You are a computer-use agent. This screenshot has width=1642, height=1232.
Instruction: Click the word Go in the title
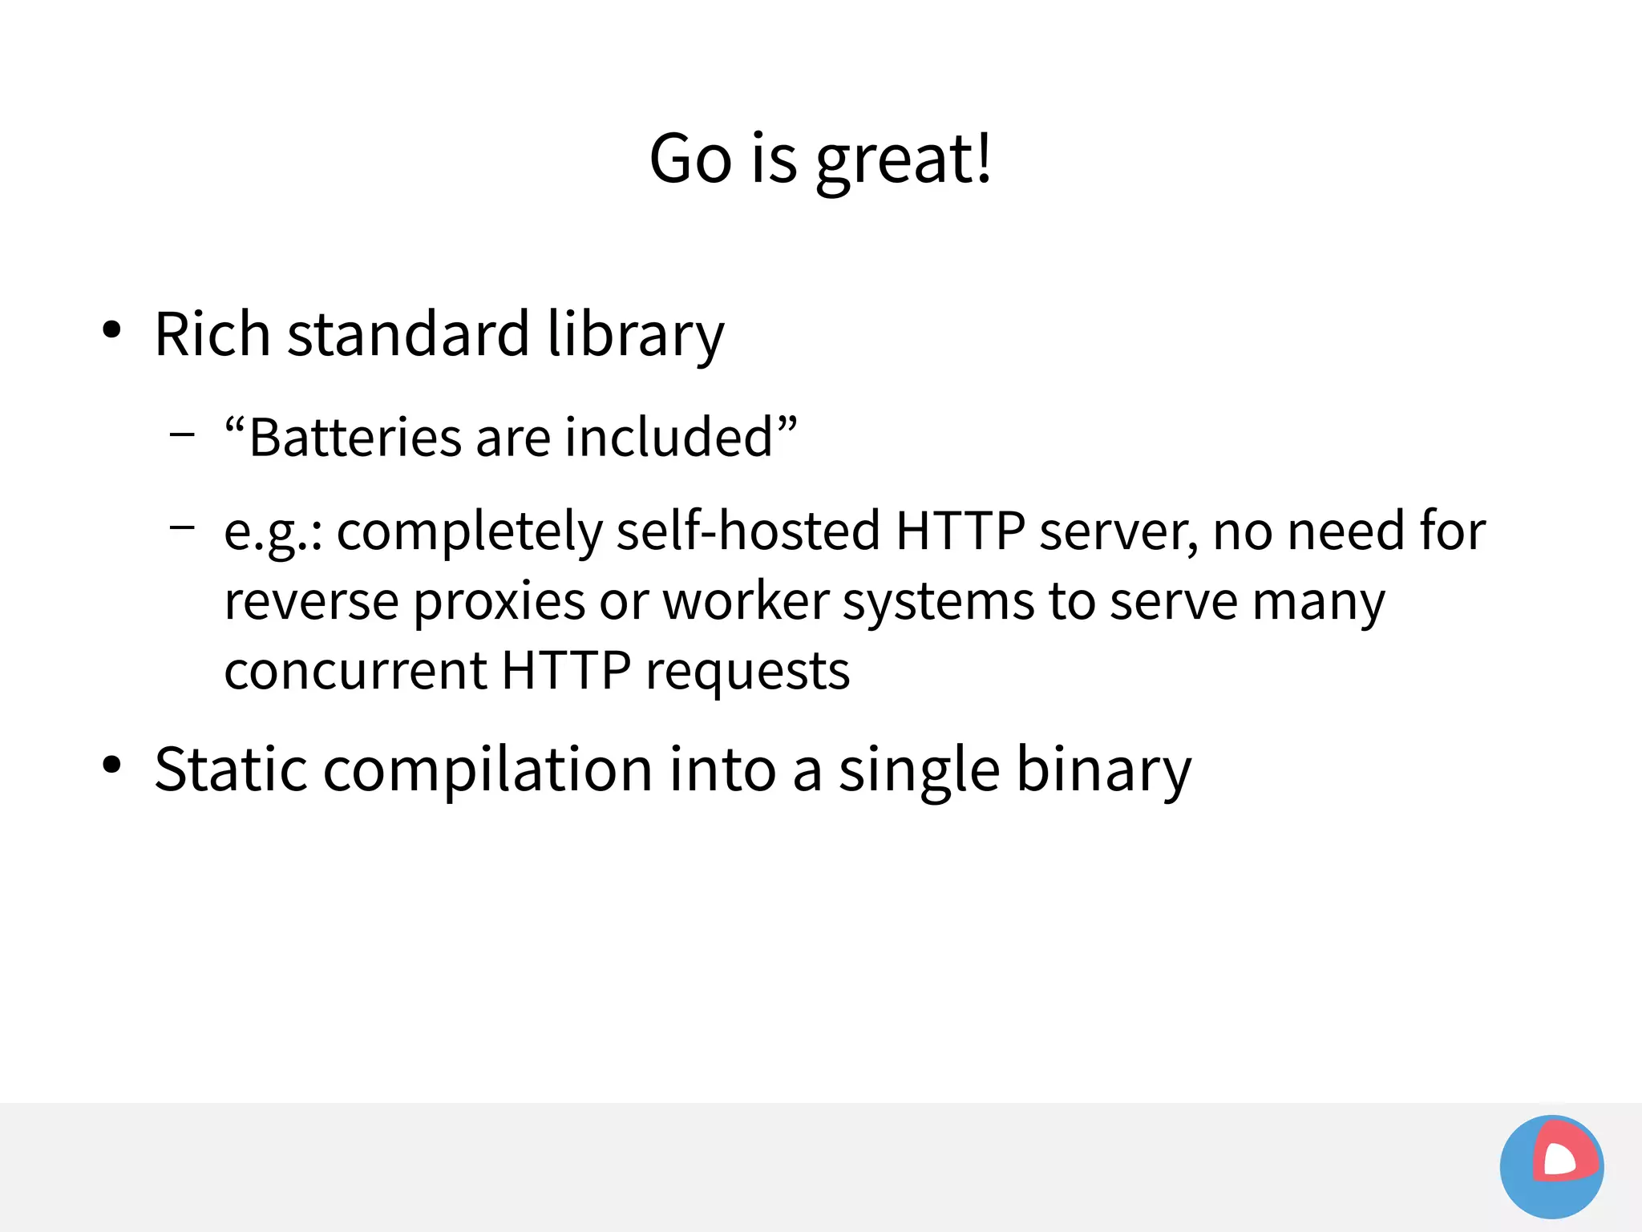point(690,159)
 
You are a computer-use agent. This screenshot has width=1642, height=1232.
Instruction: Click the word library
point(635,335)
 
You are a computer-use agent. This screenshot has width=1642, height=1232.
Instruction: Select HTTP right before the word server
point(960,531)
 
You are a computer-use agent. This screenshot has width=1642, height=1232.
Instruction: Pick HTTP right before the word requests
point(566,670)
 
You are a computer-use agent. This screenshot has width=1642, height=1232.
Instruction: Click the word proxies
point(499,601)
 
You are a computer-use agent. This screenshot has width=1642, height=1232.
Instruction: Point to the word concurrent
point(355,670)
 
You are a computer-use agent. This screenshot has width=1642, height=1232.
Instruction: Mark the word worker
point(746,601)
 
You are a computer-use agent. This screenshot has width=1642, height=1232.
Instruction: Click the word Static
point(231,769)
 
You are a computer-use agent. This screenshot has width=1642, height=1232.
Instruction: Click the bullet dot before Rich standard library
point(111,329)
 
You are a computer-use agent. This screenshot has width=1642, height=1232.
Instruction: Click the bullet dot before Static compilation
point(111,765)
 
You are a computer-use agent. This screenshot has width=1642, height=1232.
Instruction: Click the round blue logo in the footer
point(1551,1166)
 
